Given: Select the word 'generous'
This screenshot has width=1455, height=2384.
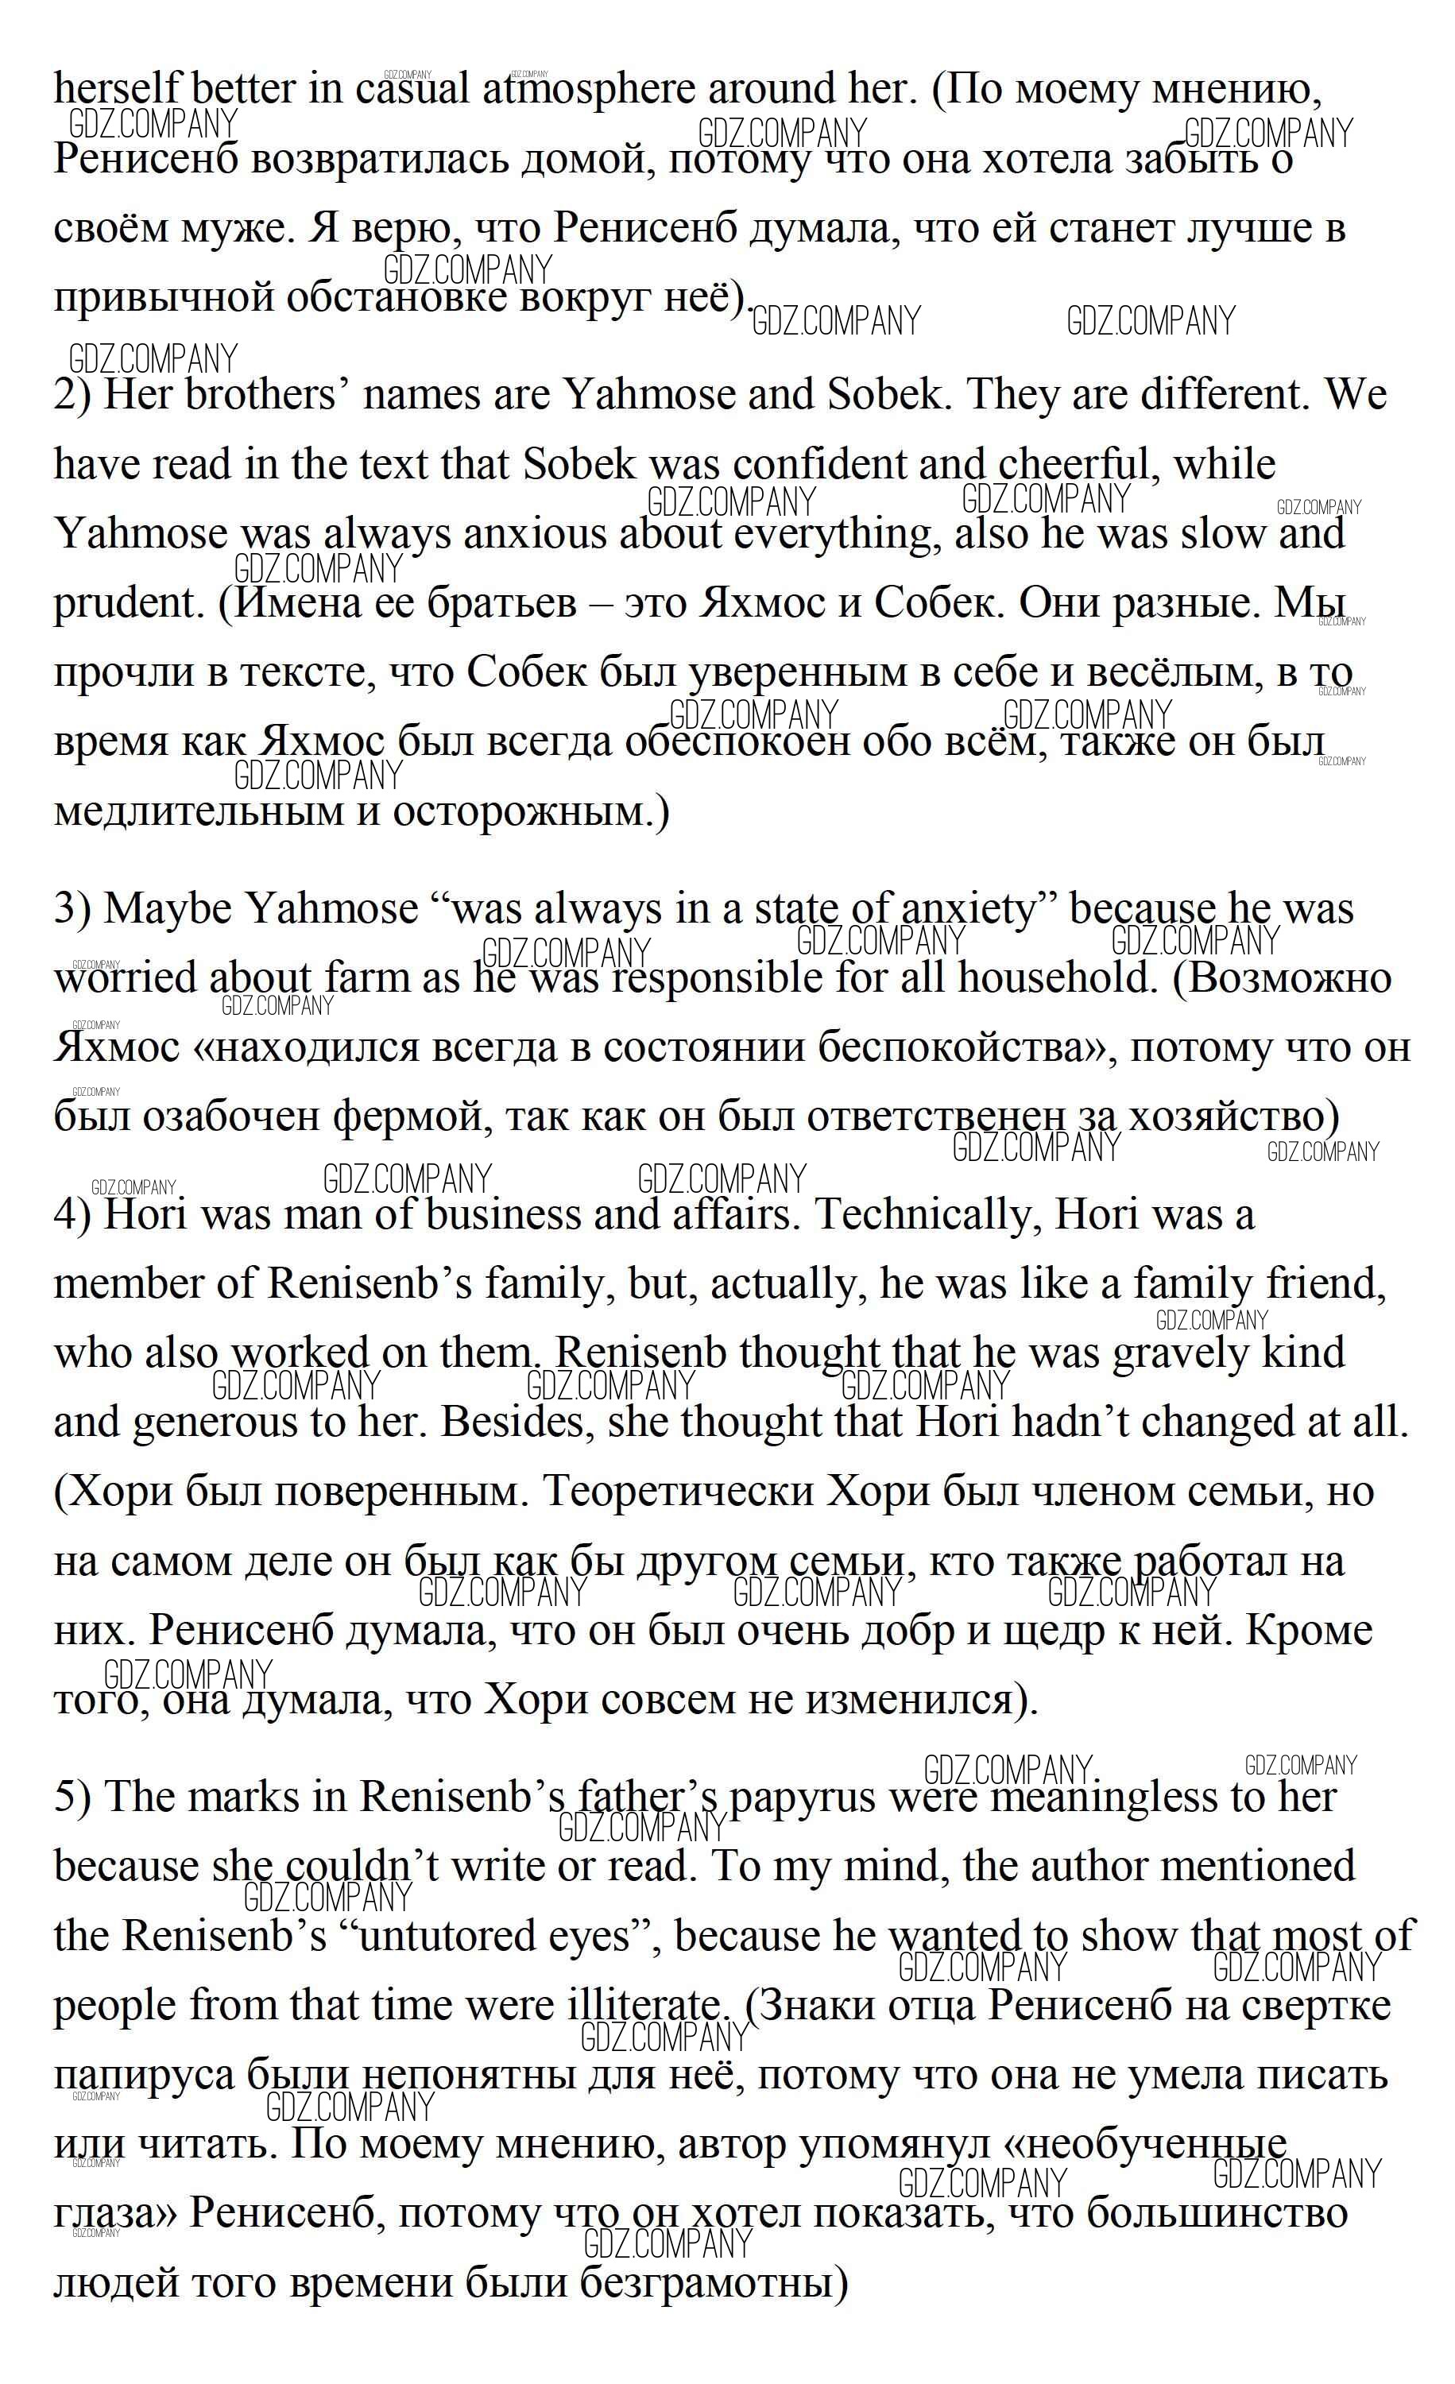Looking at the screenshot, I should (x=237, y=1422).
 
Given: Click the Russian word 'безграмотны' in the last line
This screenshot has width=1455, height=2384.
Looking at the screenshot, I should (x=706, y=2282).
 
